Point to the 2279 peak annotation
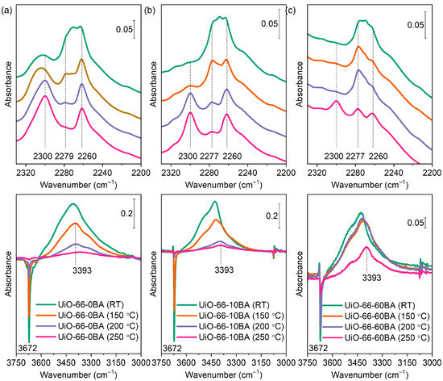tap(64, 156)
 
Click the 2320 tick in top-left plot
tap(26, 172)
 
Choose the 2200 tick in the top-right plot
tap(432, 172)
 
